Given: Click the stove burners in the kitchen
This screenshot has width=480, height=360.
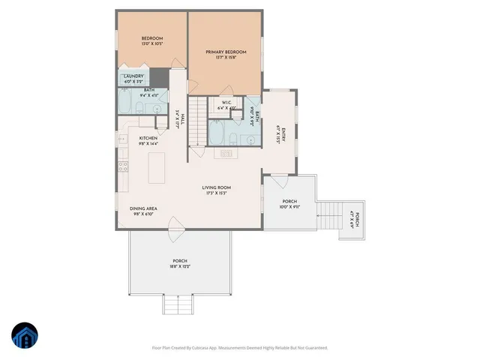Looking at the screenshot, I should (121, 166).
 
